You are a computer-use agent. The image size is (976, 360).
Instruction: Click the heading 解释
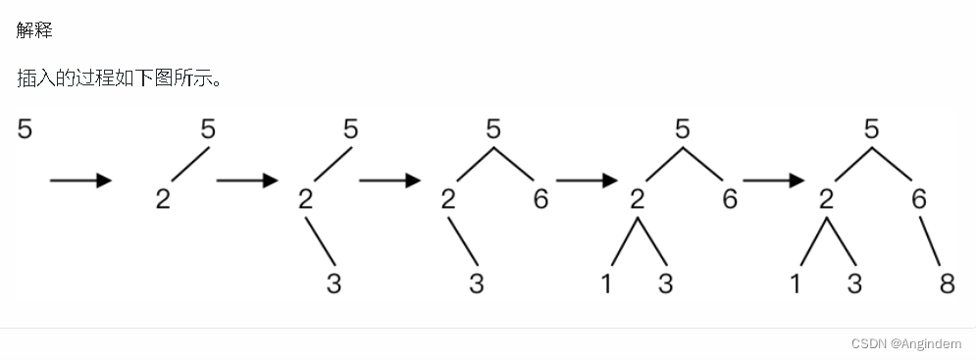pos(34,29)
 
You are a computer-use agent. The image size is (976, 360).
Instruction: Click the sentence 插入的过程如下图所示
pos(119,78)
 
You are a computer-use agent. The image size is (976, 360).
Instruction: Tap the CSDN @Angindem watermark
pos(905,343)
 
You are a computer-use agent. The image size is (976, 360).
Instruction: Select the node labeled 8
pos(947,283)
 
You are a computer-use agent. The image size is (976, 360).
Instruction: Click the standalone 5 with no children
pos(25,129)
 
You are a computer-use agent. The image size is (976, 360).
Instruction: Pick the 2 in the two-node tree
pos(163,199)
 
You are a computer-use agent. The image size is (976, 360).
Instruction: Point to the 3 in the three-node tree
pos(334,283)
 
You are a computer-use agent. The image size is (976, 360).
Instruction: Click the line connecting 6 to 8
pos(929,240)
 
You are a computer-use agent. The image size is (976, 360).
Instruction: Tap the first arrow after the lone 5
pos(80,180)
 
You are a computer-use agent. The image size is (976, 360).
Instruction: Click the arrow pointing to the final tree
pos(774,180)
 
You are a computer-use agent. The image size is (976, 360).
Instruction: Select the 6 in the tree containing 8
pos(919,199)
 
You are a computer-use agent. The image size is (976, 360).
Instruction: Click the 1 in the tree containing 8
pos(795,283)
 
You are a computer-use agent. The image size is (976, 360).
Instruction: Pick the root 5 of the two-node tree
pos(208,129)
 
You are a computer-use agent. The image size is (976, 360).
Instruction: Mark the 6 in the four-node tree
pos(540,199)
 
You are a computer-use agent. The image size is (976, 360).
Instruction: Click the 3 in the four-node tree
pos(476,283)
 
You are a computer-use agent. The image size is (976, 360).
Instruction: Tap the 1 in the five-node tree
pos(605,283)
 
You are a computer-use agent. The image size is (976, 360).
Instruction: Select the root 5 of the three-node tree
pos(350,129)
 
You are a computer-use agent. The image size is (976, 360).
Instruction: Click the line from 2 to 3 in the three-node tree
pos(320,241)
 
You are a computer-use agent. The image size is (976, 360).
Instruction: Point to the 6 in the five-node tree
pos(730,199)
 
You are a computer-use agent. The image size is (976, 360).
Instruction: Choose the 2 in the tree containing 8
pos(825,199)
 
